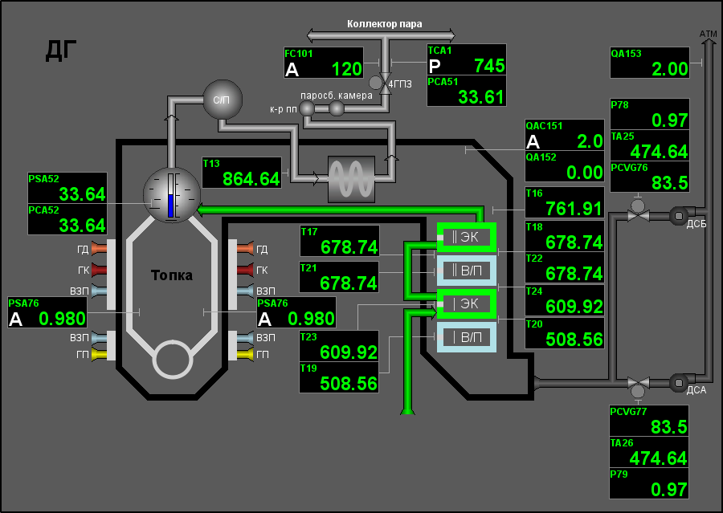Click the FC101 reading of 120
pos(347,69)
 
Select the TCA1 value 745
pos(489,66)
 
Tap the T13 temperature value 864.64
pos(251,179)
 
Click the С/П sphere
pos(223,100)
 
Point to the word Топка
pos(172,275)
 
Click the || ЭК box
pos(466,237)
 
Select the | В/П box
pos(466,337)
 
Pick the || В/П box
pos(466,271)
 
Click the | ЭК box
pos(466,303)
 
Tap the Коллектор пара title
pos(384,24)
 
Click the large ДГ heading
pos(61,51)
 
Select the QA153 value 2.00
pos(669,69)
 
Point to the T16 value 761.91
pos(574,209)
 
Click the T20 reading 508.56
pos(574,340)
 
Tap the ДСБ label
pos(696,225)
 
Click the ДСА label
pos(696,390)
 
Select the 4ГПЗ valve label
pos(400,84)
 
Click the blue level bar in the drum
pos(170,206)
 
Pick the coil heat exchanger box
pos(351,179)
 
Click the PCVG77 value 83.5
pos(669,426)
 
